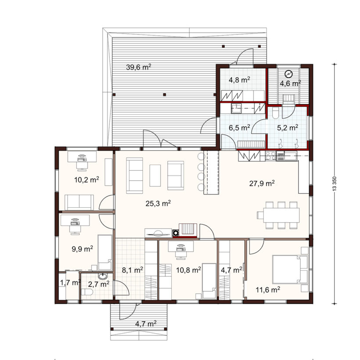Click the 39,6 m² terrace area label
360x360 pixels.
click(x=138, y=67)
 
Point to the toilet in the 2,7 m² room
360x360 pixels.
click(x=87, y=292)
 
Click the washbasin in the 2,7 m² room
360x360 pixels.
click(x=102, y=276)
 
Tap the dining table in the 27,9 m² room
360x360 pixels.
click(x=281, y=215)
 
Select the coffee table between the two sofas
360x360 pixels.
click(x=155, y=176)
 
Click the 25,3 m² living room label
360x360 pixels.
click(x=158, y=203)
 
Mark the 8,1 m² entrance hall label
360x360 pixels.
click(x=133, y=270)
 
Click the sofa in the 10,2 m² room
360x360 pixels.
click(x=79, y=202)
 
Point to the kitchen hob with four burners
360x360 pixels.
click(x=270, y=155)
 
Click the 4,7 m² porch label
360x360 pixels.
click(x=146, y=324)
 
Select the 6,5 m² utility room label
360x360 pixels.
click(x=239, y=127)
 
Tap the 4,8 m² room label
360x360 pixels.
click(x=239, y=79)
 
